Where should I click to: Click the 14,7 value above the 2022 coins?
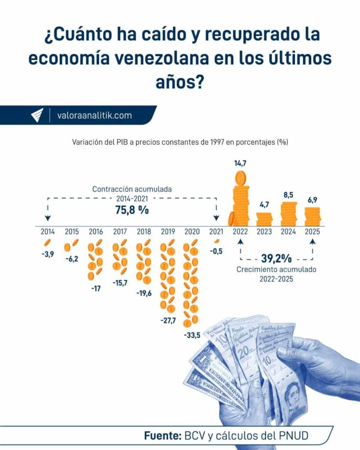[240, 163]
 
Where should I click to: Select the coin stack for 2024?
[289, 214]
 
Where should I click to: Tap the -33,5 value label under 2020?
[193, 336]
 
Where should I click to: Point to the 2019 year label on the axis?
[168, 231]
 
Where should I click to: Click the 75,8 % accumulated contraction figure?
[132, 210]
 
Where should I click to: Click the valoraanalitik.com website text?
[95, 116]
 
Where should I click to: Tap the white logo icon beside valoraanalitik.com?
[37, 115]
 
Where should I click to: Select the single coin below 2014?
[47, 243]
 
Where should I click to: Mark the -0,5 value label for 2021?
[216, 251]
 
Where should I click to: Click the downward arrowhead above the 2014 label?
[47, 218]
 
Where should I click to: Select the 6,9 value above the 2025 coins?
[313, 200]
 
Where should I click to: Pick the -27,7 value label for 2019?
[168, 320]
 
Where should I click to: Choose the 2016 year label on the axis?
[96, 231]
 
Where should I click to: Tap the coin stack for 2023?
[264, 219]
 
